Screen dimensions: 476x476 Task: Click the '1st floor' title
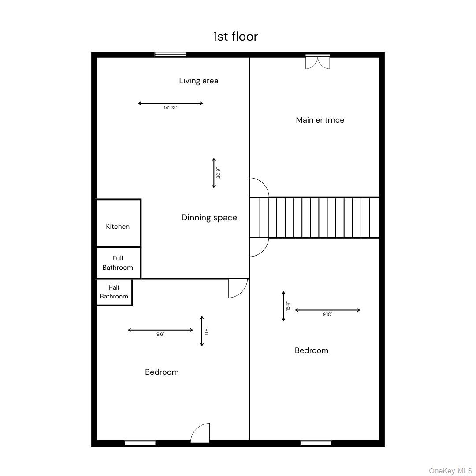click(x=235, y=36)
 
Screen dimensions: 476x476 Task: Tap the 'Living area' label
click(x=198, y=81)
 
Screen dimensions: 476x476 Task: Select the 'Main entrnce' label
click(x=320, y=120)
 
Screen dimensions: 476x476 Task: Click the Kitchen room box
click(x=118, y=223)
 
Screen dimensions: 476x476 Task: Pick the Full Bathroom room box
click(x=118, y=263)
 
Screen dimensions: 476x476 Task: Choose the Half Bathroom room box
click(x=114, y=292)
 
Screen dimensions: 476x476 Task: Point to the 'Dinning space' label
click(x=209, y=218)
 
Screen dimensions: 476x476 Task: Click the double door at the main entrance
click(x=318, y=62)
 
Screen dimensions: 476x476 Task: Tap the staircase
click(x=315, y=218)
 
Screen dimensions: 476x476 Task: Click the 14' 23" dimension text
click(x=170, y=108)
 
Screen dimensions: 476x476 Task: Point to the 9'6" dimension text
click(x=160, y=335)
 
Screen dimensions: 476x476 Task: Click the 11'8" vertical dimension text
click(x=206, y=331)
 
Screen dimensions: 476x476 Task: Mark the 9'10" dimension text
click(x=327, y=315)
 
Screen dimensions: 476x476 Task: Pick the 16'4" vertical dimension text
click(x=288, y=306)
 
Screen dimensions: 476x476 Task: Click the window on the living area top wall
click(x=170, y=55)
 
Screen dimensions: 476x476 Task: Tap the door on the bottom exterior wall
click(x=201, y=433)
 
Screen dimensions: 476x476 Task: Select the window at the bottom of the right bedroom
click(x=316, y=443)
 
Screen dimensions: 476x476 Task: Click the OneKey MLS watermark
click(x=450, y=471)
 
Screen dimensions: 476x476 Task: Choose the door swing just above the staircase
click(x=259, y=187)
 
